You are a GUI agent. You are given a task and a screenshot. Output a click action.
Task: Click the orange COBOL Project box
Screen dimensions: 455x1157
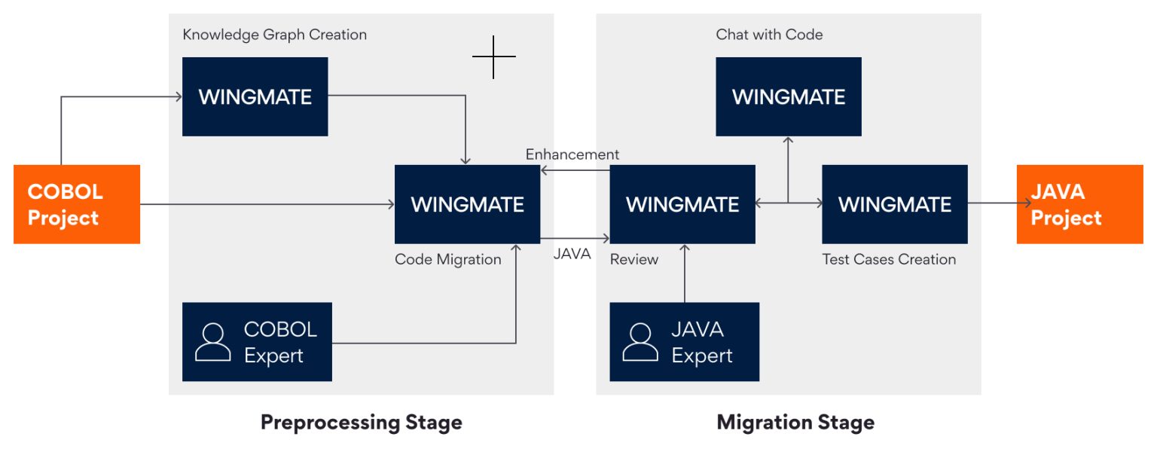77,204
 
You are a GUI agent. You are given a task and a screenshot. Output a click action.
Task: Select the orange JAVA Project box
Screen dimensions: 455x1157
1079,204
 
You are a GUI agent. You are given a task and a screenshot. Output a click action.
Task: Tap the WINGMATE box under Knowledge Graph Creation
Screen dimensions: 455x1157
255,96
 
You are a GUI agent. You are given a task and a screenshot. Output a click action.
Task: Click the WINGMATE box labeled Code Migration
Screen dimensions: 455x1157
467,204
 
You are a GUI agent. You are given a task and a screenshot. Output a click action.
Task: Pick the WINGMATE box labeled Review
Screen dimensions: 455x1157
682,204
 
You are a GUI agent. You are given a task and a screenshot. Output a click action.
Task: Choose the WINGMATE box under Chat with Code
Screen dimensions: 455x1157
788,96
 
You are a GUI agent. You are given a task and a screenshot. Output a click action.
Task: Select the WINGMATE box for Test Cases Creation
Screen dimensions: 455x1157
894,204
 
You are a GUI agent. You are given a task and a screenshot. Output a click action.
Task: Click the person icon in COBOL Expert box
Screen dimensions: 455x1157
212,342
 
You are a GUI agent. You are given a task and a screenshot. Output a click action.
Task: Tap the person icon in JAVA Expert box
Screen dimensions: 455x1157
640,342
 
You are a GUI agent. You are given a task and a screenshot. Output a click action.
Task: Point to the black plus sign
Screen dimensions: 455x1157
494,56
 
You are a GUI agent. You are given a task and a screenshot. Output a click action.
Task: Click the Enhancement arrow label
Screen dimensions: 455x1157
572,154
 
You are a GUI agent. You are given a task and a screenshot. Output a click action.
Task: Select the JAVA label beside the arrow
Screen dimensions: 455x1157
572,255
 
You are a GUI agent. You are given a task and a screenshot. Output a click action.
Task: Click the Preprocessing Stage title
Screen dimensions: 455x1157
361,422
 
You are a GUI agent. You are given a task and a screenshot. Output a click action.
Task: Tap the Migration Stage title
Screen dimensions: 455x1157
795,422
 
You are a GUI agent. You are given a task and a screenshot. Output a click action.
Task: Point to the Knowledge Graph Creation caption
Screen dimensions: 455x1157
274,35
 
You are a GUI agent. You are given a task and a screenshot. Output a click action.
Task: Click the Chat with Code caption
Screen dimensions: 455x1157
769,35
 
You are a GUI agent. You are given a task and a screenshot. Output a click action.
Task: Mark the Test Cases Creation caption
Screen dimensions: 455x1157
889,260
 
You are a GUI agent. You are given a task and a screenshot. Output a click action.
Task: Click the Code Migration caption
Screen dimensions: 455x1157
447,260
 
